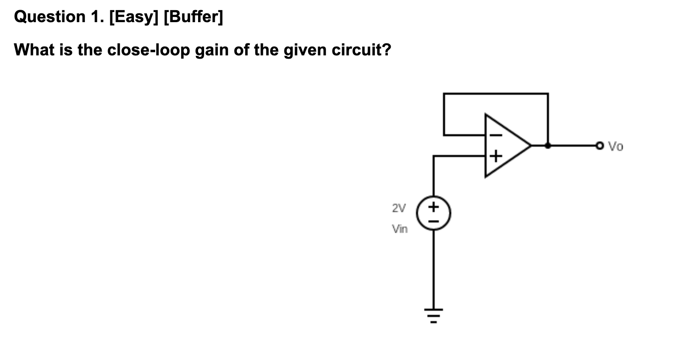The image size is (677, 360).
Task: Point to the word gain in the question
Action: click(x=212, y=49)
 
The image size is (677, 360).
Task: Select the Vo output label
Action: click(x=615, y=147)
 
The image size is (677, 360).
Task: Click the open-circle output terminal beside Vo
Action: click(x=599, y=146)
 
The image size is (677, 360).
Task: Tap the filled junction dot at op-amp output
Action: click(x=548, y=146)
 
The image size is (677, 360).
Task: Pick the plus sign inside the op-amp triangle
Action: click(x=495, y=156)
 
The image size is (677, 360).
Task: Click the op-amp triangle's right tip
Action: click(x=530, y=146)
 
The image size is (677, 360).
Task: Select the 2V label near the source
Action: click(x=399, y=208)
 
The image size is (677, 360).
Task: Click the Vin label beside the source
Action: click(x=400, y=228)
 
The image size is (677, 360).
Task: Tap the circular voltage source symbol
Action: click(x=433, y=214)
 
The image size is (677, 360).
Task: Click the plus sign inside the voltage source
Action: click(x=433, y=207)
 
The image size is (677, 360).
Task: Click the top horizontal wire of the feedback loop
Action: click(x=496, y=94)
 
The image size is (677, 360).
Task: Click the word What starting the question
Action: click(x=34, y=49)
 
